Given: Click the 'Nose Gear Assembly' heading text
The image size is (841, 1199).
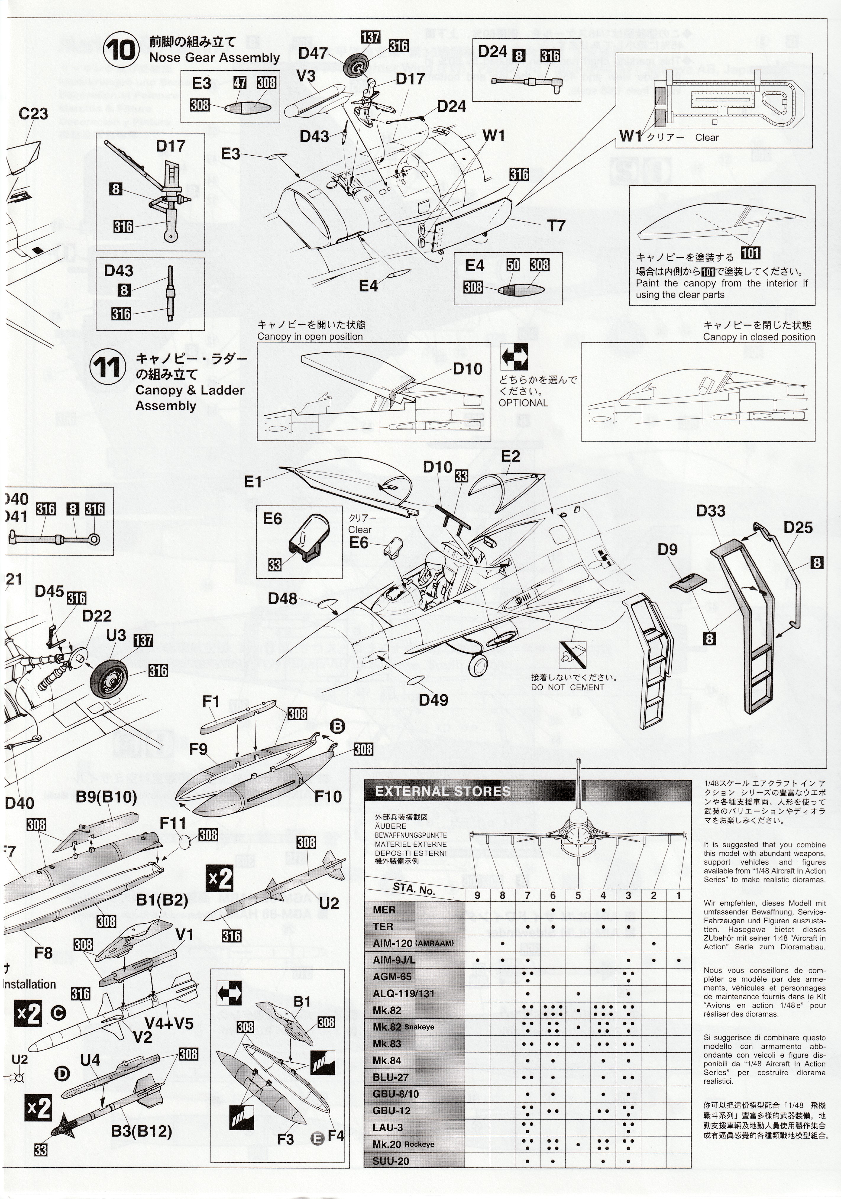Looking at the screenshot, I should click(x=214, y=58).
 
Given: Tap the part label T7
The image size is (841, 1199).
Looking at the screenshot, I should click(x=556, y=226).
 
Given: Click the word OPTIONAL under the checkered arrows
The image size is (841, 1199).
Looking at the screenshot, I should click(x=523, y=403).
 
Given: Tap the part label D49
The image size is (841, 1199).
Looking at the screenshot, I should click(x=433, y=700).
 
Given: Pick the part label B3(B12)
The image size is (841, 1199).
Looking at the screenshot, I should click(x=141, y=1132).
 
